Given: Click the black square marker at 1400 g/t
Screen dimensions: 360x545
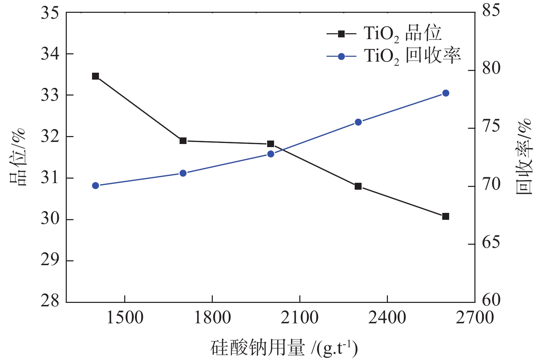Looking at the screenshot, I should coord(96,76).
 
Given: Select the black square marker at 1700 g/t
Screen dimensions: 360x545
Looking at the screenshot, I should coord(183,141).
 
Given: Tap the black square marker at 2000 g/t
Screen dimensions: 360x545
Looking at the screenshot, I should coord(271,144).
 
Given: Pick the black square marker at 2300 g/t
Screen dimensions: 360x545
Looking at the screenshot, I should coord(358,186).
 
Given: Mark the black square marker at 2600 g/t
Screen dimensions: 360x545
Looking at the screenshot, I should coord(446,216).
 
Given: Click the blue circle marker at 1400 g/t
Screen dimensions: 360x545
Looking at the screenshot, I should coord(96,186).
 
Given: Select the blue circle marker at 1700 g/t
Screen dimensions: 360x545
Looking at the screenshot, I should coord(183,173).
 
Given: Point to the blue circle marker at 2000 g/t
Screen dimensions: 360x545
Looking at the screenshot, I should coord(271,154).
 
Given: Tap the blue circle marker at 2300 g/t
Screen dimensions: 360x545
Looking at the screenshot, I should coord(358,122).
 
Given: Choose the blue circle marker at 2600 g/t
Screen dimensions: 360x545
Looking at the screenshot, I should coord(446,93).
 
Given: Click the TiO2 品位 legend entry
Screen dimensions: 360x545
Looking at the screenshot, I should coord(384,34).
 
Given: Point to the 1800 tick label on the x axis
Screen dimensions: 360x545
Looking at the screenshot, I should coord(212,318).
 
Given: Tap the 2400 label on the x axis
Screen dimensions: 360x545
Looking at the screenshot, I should coord(387,318).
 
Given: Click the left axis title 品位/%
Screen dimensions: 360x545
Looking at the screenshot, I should coord(17,157).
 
